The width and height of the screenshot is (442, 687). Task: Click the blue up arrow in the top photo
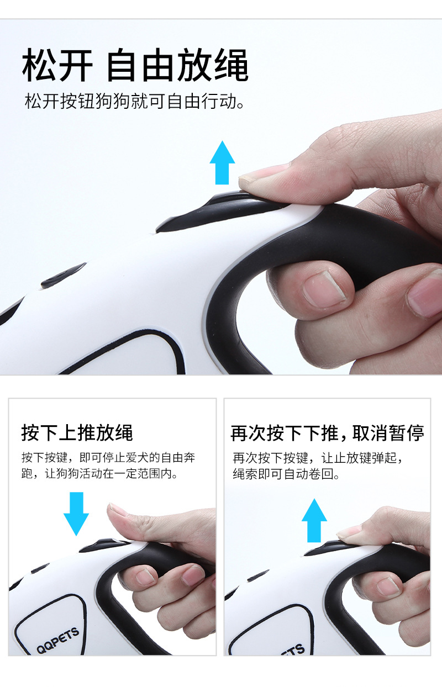coord(222,163)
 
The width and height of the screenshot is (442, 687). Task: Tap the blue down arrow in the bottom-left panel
coord(76,514)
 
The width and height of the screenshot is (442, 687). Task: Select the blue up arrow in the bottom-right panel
coord(314,520)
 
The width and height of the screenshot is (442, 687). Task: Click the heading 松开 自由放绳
coord(135,65)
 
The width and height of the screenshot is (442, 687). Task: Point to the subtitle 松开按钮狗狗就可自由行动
coord(135,101)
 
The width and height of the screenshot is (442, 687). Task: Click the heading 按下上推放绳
coord(77,433)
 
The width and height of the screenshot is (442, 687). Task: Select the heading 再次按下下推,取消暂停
coord(328,433)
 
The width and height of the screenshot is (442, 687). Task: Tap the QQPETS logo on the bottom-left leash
coord(58,640)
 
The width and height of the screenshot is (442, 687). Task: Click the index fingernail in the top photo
coord(325,289)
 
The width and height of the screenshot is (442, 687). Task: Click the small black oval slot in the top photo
coord(64,275)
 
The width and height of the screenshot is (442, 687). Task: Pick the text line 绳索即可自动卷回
coord(286,474)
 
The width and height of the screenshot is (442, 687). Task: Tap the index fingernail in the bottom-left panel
coord(145,577)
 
